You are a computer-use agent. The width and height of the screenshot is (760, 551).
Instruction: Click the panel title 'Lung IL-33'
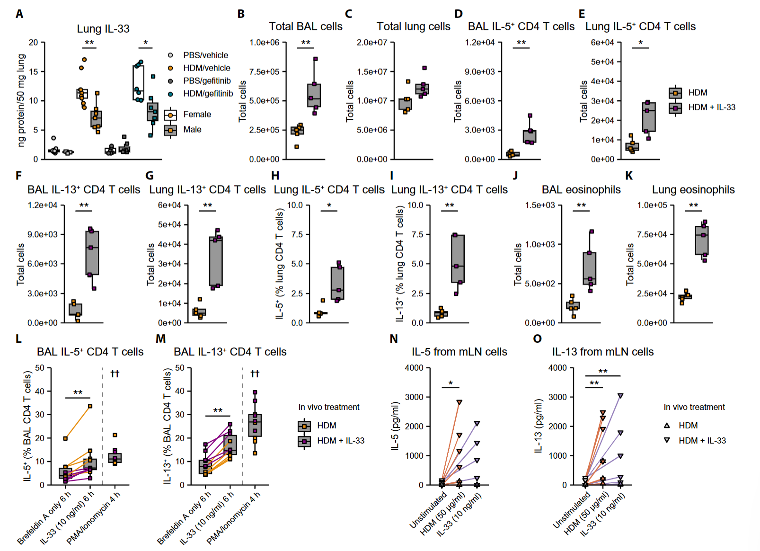tap(103, 29)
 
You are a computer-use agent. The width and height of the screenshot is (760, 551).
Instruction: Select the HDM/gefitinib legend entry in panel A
tap(208, 94)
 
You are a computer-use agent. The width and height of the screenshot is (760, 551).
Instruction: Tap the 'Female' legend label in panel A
tap(197, 115)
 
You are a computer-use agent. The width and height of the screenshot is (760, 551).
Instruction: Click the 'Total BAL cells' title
tap(306, 27)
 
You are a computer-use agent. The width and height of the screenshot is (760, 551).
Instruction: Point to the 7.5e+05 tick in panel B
tap(265, 71)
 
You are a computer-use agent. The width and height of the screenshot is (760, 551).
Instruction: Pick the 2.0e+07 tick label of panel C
tap(372, 43)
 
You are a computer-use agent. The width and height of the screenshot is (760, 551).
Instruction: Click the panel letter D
tap(458, 14)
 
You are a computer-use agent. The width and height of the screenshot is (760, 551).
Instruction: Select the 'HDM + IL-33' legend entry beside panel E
tap(711, 107)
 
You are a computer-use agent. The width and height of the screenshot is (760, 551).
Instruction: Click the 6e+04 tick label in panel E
tap(602, 43)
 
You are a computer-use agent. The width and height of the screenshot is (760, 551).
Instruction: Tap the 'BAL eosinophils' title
tap(581, 190)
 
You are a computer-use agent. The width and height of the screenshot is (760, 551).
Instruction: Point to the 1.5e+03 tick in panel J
tap(540, 205)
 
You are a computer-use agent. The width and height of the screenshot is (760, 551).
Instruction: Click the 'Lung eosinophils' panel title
tap(693, 190)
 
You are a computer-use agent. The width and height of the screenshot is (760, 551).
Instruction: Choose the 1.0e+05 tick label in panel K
tap(652, 205)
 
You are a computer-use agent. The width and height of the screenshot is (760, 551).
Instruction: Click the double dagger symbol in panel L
tap(115, 374)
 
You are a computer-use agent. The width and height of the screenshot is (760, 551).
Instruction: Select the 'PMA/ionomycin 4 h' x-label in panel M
tap(234, 517)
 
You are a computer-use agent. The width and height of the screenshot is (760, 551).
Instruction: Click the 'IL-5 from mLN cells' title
tap(459, 352)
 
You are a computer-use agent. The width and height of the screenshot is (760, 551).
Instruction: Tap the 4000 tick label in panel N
tap(414, 368)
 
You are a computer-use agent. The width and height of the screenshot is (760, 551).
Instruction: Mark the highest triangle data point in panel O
tap(620, 396)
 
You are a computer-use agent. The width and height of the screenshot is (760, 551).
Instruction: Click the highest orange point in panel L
tap(90, 406)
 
